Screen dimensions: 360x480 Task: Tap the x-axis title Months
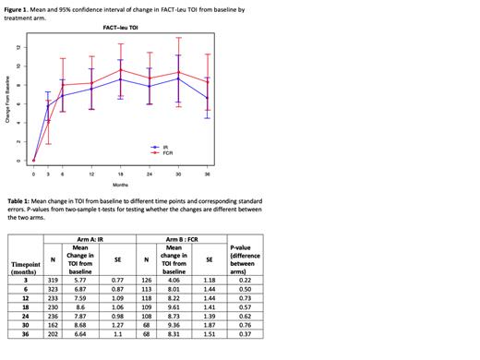click(x=120, y=184)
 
